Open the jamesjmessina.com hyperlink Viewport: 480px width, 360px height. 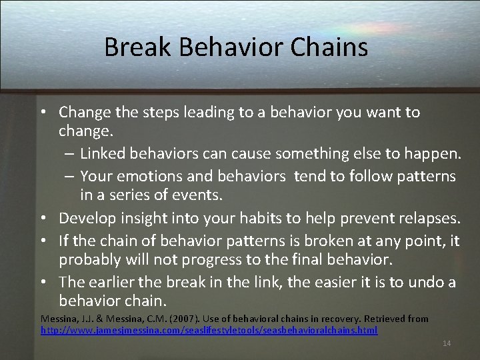point(209,330)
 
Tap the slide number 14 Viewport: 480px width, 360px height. point(447,343)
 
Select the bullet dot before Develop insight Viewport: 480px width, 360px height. point(49,219)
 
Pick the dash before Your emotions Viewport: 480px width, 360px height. point(70,176)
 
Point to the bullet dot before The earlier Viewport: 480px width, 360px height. point(49,283)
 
